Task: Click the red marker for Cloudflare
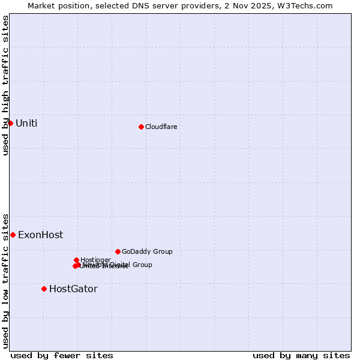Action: tap(141, 127)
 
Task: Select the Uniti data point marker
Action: tap(10, 123)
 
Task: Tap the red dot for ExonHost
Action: tap(13, 235)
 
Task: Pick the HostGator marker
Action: tap(44, 289)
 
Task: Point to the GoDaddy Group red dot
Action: tap(118, 251)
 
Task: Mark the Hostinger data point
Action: tap(76, 260)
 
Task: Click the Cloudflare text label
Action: tap(161, 127)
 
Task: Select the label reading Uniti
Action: tap(26, 123)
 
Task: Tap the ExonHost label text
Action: tap(40, 235)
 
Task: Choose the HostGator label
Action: tap(73, 289)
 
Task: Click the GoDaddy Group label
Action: tap(147, 251)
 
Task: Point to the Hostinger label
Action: tap(95, 260)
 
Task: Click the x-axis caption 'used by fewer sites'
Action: tap(62, 355)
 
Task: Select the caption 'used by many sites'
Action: tap(301, 355)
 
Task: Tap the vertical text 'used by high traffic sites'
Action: tap(5, 85)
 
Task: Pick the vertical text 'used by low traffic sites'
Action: tap(5, 280)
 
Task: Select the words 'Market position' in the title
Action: tap(57, 5)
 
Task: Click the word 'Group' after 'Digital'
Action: tap(142, 265)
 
